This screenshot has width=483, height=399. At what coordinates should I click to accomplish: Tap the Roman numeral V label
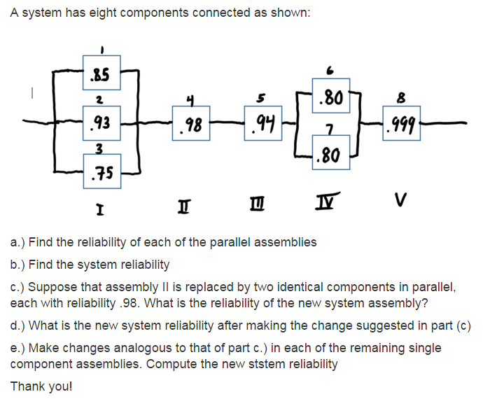click(400, 202)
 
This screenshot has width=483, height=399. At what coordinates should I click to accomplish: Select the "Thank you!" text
click(41, 386)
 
